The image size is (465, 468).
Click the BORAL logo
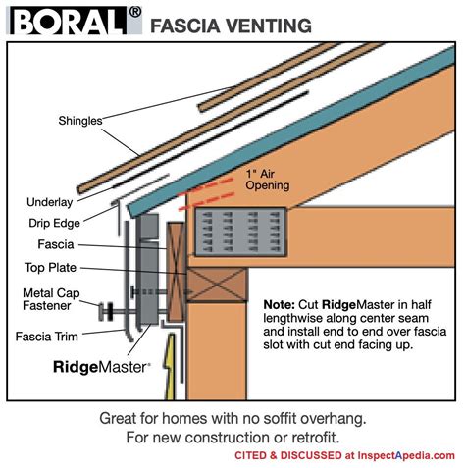tap(70, 23)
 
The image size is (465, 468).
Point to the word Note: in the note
tap(285, 304)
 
